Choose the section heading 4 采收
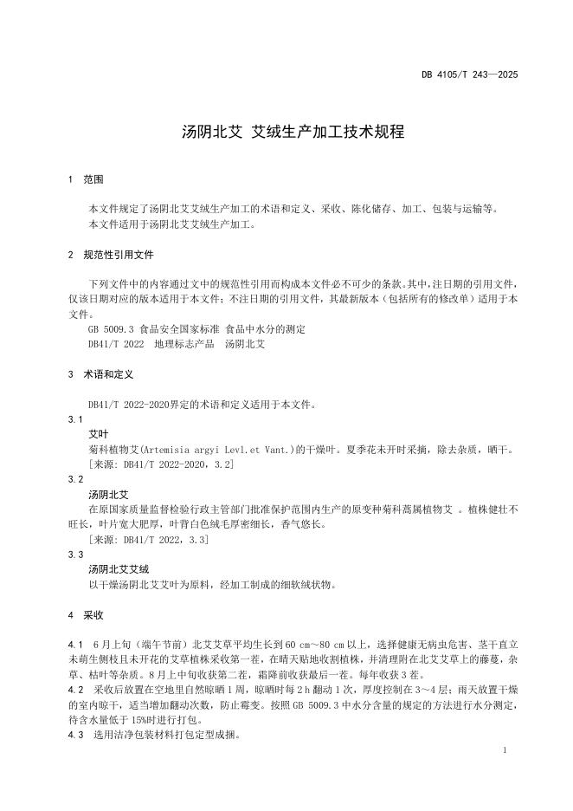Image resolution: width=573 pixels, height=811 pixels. [x=86, y=615]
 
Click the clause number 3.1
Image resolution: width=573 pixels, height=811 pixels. [x=75, y=418]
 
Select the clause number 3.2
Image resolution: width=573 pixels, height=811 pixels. [x=75, y=479]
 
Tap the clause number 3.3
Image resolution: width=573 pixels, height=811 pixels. [x=75, y=555]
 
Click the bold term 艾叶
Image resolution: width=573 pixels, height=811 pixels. [x=99, y=433]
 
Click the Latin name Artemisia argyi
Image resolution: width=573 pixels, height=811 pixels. [x=171, y=449]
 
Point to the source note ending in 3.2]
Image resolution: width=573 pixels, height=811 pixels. [x=162, y=464]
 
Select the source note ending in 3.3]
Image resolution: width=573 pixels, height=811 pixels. [x=148, y=539]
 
